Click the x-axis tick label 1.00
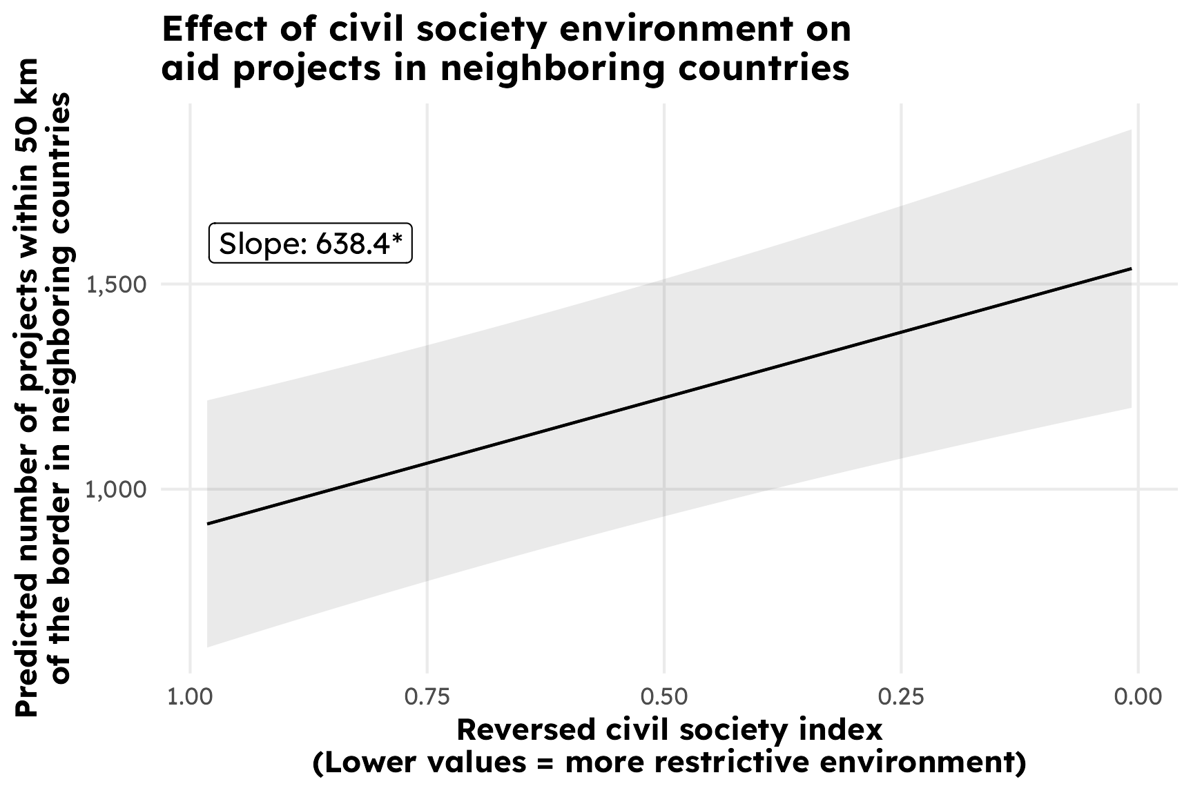pos(190,697)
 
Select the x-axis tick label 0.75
pos(427,697)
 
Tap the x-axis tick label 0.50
pos(664,697)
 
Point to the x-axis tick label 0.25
pos(901,697)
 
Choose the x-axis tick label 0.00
pos(1138,697)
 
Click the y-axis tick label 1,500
pos(117,285)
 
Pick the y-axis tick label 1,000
pos(117,490)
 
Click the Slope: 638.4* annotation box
pos(311,243)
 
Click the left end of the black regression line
pos(208,524)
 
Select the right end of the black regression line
pos(1131,268)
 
